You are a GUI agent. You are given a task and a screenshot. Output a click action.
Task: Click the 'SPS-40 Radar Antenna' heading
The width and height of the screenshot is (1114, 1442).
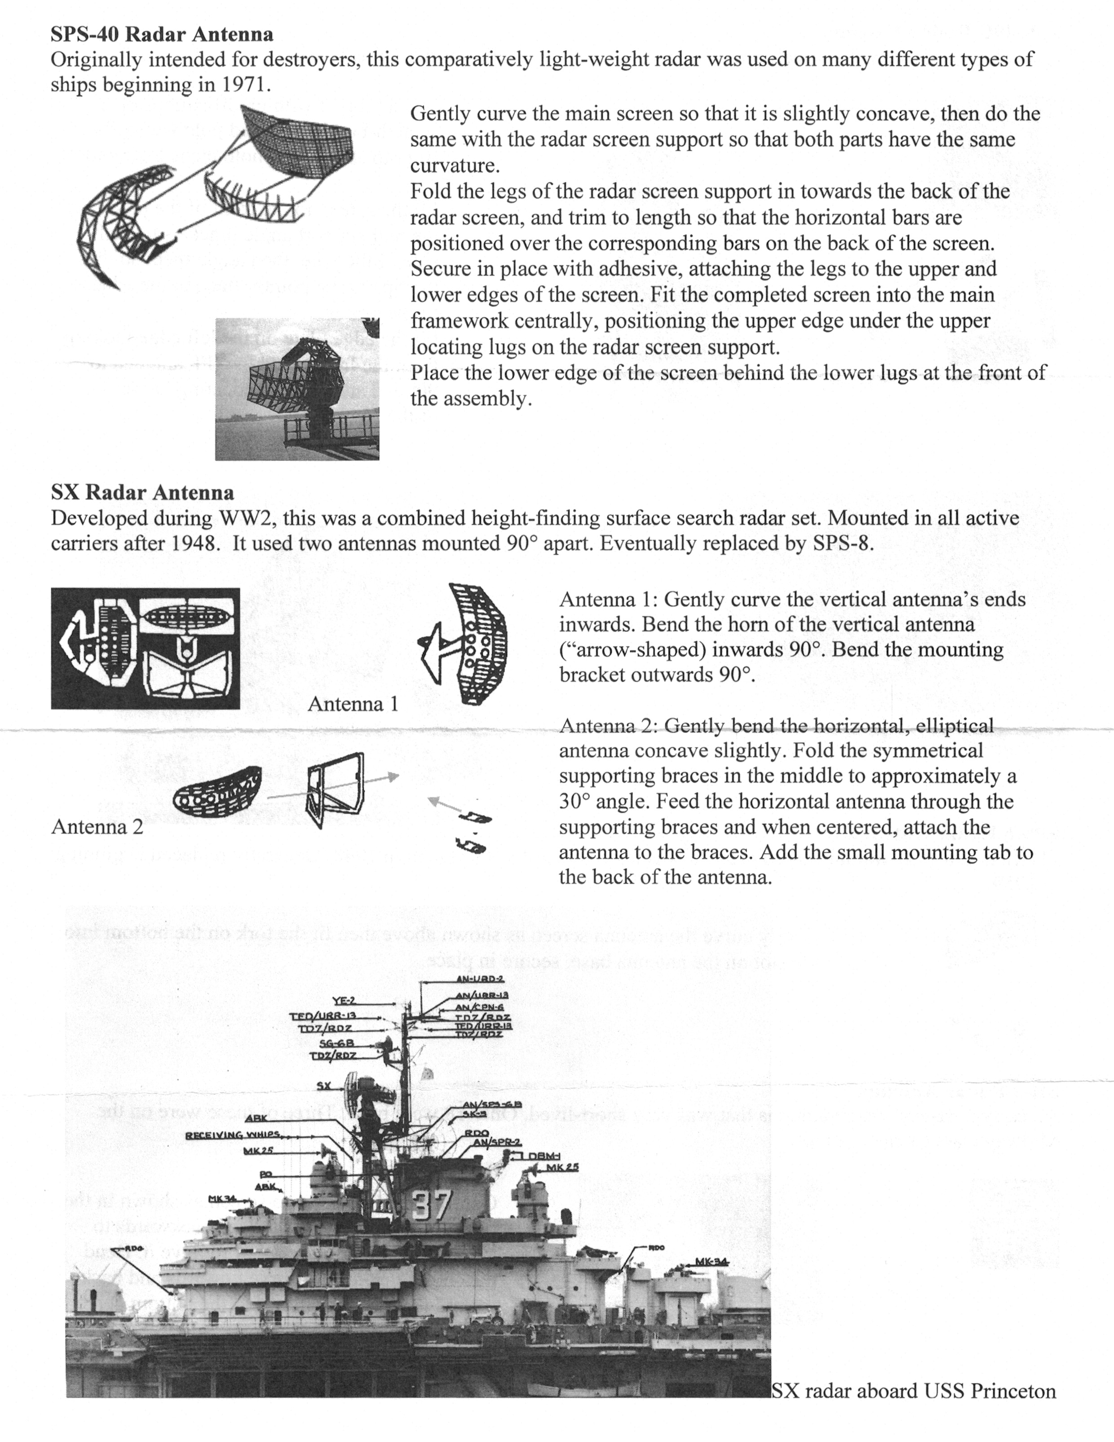point(162,34)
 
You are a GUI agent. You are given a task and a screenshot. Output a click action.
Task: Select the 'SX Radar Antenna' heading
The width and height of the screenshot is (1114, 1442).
point(142,492)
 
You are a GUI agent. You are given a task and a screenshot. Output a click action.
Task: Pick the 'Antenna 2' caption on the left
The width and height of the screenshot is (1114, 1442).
point(97,827)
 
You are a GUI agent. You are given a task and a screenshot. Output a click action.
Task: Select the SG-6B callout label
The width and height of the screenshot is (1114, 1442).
point(336,1043)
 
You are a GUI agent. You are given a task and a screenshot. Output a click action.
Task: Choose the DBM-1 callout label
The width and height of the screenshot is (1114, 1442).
point(544,1156)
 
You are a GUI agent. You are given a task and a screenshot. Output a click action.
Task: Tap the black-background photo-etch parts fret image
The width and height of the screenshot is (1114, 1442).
point(146,649)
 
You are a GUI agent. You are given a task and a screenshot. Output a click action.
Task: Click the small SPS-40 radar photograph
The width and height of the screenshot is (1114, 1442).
point(297,389)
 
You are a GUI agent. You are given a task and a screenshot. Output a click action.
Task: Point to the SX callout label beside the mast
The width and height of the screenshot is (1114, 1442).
point(324,1086)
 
